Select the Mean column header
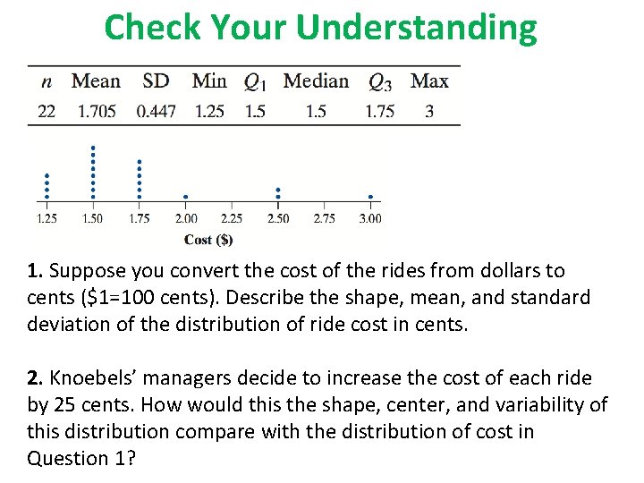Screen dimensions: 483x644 [96, 81]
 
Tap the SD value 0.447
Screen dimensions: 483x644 [156, 112]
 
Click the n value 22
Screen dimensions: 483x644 [47, 112]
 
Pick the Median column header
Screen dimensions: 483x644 [316, 81]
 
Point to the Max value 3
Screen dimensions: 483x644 [429, 112]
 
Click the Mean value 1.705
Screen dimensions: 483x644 [96, 112]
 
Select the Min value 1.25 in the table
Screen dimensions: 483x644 [209, 112]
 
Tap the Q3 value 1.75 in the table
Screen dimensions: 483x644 [380, 112]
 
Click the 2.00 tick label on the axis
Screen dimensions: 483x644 [185, 218]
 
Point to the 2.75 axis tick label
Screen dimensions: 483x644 [324, 218]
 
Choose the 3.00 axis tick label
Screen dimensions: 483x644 [369, 218]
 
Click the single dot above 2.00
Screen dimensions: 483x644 [185, 197]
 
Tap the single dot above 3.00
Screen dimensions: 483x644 [369, 197]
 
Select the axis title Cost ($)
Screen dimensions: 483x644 [208, 240]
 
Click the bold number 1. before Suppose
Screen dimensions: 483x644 [34, 271]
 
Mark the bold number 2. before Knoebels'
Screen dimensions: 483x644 [34, 378]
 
